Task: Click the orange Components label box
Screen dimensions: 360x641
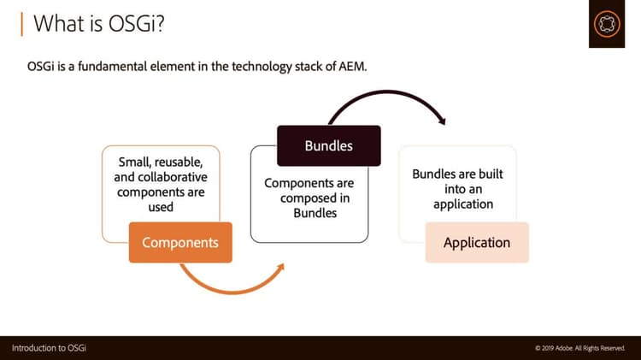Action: [180, 242]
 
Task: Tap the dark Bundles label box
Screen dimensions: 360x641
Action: [328, 145]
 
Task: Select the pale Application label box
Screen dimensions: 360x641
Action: [477, 242]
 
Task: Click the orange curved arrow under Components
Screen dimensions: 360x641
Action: [231, 283]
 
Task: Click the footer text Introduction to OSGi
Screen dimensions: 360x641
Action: [49, 347]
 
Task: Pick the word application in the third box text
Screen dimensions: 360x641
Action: [463, 204]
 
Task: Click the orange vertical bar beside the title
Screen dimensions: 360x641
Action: [21, 23]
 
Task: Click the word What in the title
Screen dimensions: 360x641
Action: [57, 23]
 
